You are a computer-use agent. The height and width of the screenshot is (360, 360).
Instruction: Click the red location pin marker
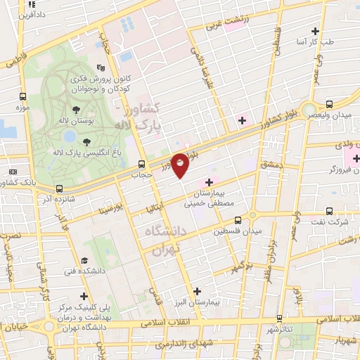point(180,165)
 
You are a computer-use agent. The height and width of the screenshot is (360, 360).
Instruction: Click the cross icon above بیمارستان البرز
point(197,290)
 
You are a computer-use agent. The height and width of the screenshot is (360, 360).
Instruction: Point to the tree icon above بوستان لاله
point(75,110)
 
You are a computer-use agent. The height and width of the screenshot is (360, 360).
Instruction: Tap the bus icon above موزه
point(24,96)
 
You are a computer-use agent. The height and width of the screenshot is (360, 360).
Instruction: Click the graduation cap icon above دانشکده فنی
point(84,259)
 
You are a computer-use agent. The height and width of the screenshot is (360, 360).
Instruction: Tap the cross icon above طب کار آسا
point(315,31)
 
